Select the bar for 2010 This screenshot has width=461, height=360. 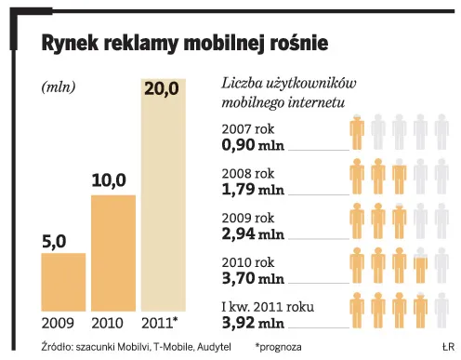click(114, 257)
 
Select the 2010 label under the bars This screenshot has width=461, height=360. click(112, 325)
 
